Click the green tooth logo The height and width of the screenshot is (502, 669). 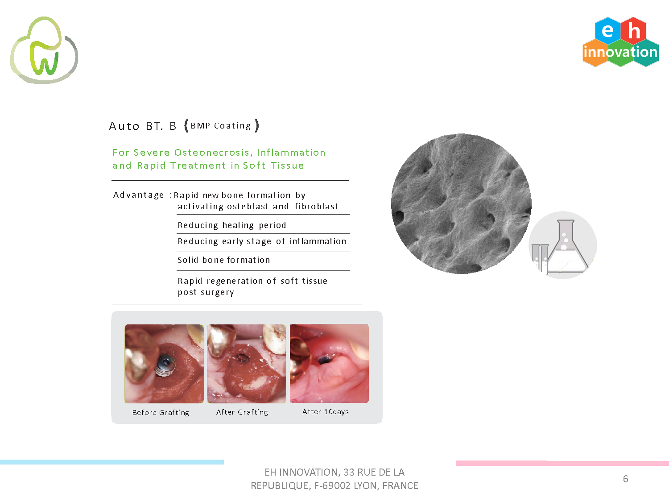pyautogui.click(x=44, y=50)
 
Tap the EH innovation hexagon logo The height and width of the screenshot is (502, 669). pyautogui.click(x=620, y=42)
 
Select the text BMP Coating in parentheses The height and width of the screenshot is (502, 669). pyautogui.click(x=221, y=125)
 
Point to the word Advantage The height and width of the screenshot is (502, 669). pyautogui.click(x=139, y=195)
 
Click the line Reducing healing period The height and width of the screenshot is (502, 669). pyautogui.click(x=232, y=225)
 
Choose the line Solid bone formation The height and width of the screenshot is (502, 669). pyautogui.click(x=224, y=260)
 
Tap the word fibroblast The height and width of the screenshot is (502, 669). pyautogui.click(x=316, y=206)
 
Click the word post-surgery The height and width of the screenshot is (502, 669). pyautogui.click(x=206, y=292)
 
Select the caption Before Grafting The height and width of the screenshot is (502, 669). pyautogui.click(x=161, y=412)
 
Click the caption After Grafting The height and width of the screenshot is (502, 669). pyautogui.click(x=242, y=412)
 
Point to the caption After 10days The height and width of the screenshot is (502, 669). pyautogui.click(x=326, y=411)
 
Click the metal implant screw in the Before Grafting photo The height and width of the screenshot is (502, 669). pyautogui.click(x=165, y=365)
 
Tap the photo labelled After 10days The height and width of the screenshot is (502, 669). pyautogui.click(x=329, y=363)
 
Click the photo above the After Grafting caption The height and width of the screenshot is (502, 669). pyautogui.click(x=247, y=364)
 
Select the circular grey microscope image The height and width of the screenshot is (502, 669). pyautogui.click(x=461, y=203)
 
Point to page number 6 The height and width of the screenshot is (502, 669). pyautogui.click(x=625, y=479)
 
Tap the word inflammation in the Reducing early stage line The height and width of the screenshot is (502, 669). pyautogui.click(x=318, y=241)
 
